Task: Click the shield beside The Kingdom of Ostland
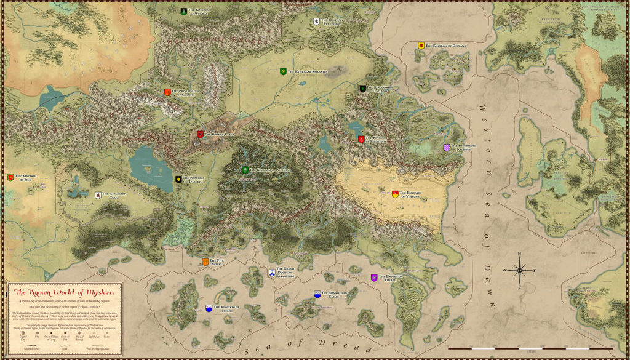pos(421,46)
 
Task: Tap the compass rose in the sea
pos(520,270)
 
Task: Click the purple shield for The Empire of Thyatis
pos(374,278)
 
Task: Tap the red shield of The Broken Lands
pos(200,134)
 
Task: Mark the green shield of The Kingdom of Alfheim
pos(245,170)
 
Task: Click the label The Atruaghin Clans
pos(114,195)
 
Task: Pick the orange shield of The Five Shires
pos(205,262)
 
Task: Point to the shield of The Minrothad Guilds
pos(317,295)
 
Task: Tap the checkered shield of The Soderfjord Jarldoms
pos(447,148)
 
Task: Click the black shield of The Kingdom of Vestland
pos(363,89)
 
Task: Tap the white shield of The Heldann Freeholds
pos(317,22)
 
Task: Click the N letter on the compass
pos(520,254)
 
